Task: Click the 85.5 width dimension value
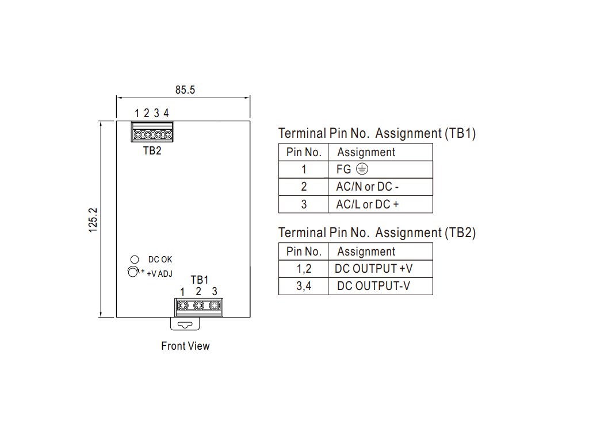(185, 90)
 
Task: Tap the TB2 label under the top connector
(152, 152)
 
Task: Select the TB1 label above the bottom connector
(199, 280)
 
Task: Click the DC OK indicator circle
(135, 260)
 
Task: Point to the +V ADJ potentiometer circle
(133, 272)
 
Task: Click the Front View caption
(185, 346)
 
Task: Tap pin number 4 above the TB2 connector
(166, 113)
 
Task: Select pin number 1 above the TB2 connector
(137, 113)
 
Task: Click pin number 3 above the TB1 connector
(215, 292)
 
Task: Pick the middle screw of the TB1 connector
(198, 306)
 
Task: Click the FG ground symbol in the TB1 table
(361, 169)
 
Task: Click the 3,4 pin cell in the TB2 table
(304, 286)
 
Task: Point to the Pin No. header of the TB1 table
(304, 152)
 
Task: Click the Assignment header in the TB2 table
(366, 252)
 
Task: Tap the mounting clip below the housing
(185, 324)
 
